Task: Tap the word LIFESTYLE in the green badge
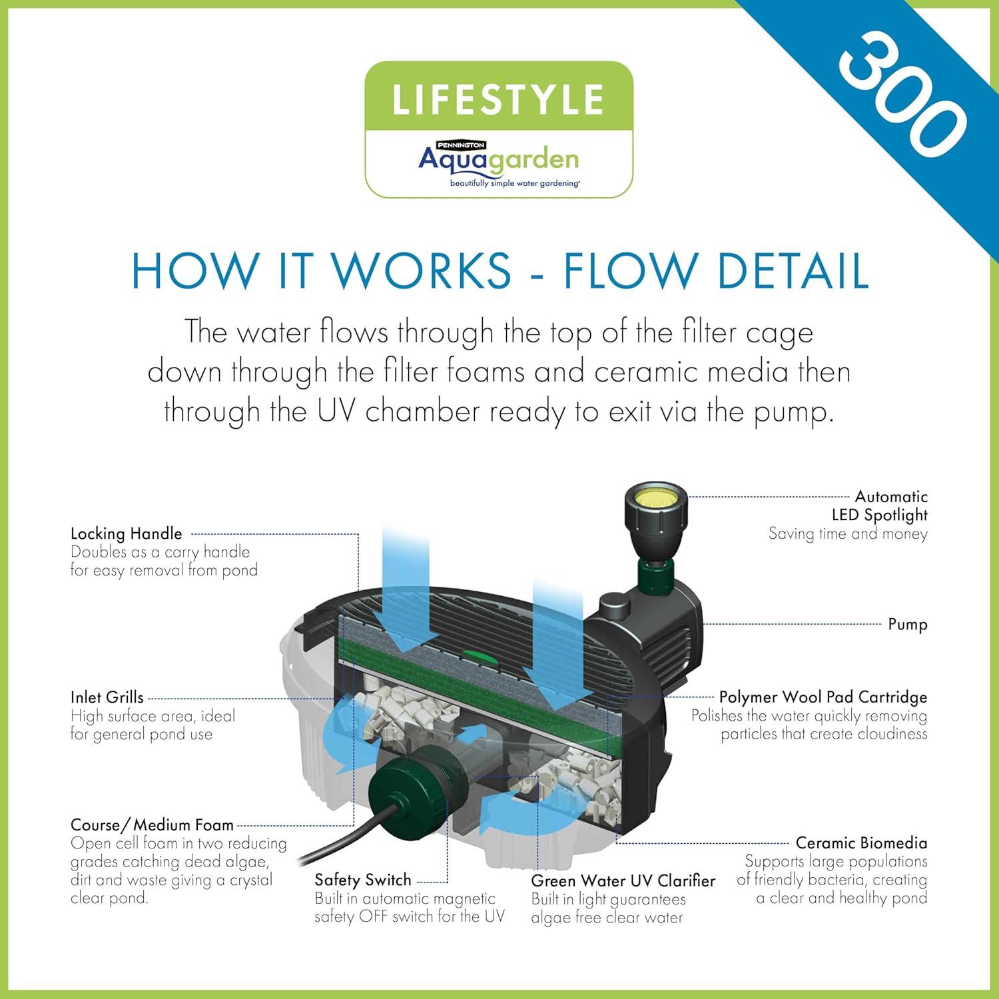(498, 99)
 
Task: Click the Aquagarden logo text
(498, 159)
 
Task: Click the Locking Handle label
(126, 533)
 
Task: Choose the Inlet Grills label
(107, 697)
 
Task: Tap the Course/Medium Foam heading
(152, 825)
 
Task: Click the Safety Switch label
(363, 880)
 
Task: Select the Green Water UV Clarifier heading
(623, 880)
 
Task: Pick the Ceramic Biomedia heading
(861, 842)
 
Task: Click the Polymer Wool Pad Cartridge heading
(823, 697)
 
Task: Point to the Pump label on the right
(907, 624)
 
